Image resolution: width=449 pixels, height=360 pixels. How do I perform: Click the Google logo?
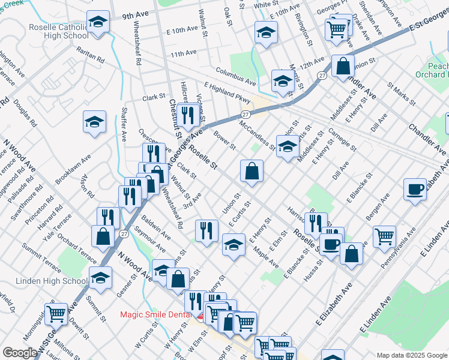[x=20, y=353]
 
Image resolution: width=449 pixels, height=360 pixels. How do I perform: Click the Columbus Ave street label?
[x=236, y=75]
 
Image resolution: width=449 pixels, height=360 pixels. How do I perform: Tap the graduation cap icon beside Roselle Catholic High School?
[x=96, y=22]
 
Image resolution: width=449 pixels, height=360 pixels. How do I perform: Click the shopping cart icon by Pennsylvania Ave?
[x=384, y=235]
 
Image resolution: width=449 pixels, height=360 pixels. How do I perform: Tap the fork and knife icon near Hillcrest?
[x=188, y=115]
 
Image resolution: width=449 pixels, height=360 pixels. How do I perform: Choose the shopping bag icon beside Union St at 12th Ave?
[x=342, y=67]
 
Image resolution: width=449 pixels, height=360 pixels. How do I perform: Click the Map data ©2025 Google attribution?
[x=411, y=355]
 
